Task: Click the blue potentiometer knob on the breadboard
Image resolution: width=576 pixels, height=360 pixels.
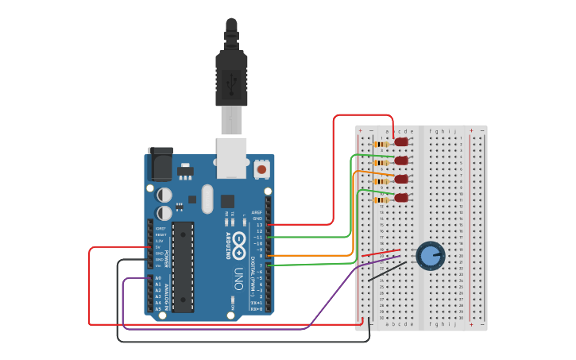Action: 430,255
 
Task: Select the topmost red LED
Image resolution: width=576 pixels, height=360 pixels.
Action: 401,142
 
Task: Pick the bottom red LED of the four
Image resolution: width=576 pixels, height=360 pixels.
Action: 401,197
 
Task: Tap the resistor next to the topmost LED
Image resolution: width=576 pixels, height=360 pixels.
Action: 381,145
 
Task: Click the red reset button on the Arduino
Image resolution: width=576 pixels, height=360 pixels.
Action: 261,169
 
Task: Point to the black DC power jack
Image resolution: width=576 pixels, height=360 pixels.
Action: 160,165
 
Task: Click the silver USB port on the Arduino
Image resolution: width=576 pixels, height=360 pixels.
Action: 231,157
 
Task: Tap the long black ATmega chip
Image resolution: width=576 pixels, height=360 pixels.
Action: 183,266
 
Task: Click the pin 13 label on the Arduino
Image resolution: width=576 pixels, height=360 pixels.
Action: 258,225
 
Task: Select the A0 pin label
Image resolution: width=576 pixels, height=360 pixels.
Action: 158,278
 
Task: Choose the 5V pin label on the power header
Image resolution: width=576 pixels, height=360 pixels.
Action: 159,247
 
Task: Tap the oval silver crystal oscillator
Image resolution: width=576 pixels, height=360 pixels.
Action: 207,199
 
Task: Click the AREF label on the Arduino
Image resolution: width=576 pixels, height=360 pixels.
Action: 257,213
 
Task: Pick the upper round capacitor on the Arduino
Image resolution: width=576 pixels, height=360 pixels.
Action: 164,195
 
